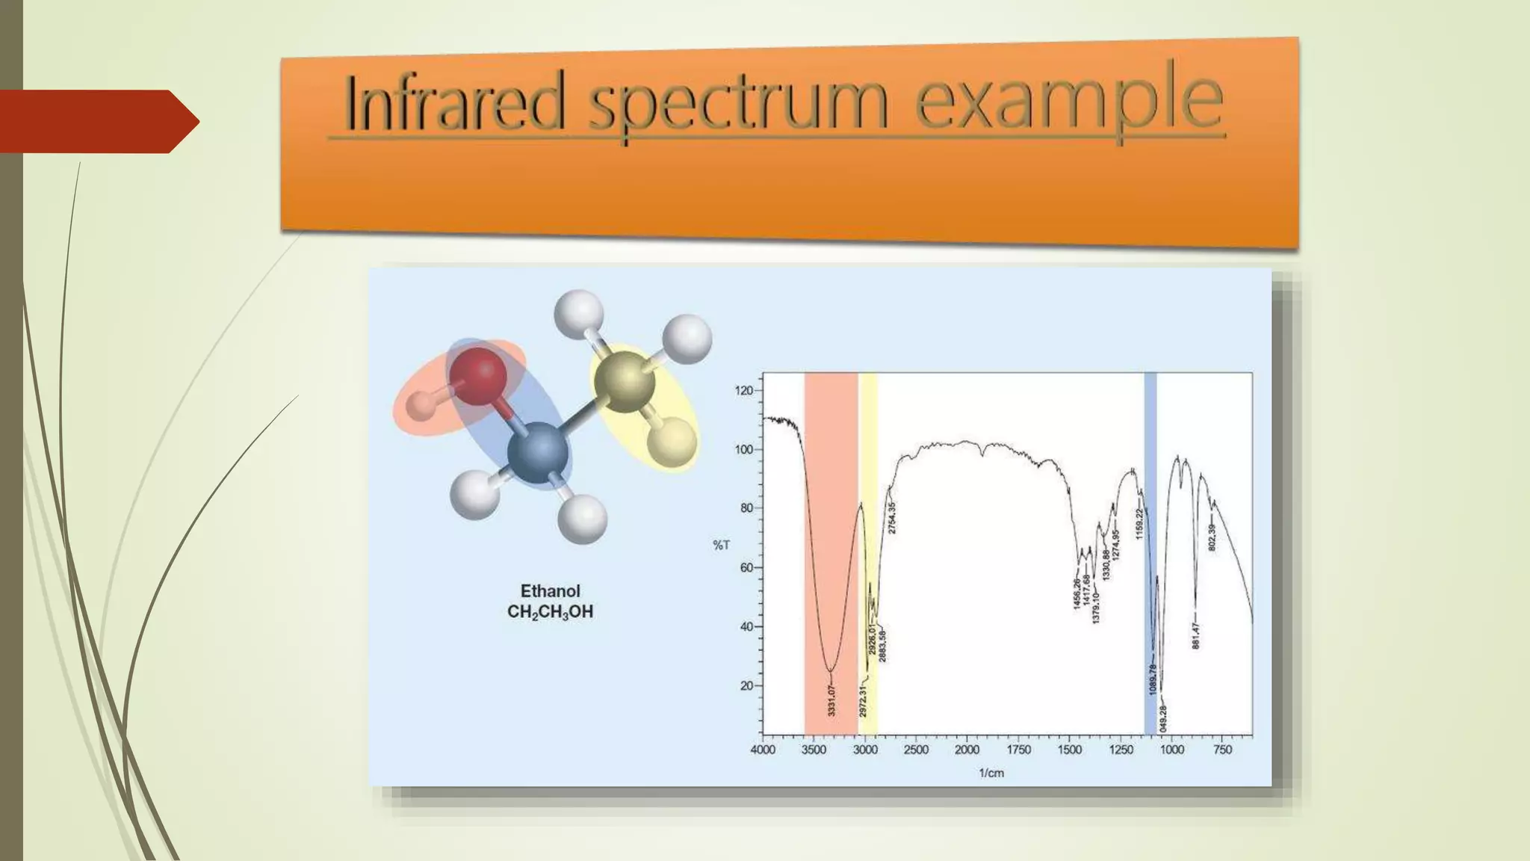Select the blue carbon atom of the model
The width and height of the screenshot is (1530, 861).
pyautogui.click(x=538, y=452)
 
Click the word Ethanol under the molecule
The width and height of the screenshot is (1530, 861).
pyautogui.click(x=550, y=591)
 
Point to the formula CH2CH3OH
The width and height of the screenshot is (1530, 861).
pyautogui.click(x=550, y=612)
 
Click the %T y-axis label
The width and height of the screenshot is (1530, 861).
pyautogui.click(x=721, y=546)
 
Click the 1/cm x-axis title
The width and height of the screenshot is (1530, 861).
pyautogui.click(x=991, y=773)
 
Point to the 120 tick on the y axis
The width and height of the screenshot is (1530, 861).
pyautogui.click(x=744, y=391)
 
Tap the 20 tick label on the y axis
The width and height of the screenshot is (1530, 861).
pyautogui.click(x=746, y=685)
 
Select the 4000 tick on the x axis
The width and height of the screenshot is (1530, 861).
pyautogui.click(x=763, y=750)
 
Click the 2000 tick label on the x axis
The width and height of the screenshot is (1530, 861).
pyautogui.click(x=967, y=750)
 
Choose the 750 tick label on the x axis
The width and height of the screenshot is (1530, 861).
pyautogui.click(x=1223, y=750)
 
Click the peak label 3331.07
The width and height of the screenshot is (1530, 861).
pyautogui.click(x=831, y=700)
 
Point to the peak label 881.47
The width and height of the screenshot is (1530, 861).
pyautogui.click(x=1195, y=635)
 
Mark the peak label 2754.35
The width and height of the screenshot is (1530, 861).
pyautogui.click(x=892, y=518)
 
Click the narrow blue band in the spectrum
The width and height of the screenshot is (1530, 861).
pyautogui.click(x=1150, y=553)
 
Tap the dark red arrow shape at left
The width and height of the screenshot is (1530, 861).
pyautogui.click(x=97, y=122)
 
